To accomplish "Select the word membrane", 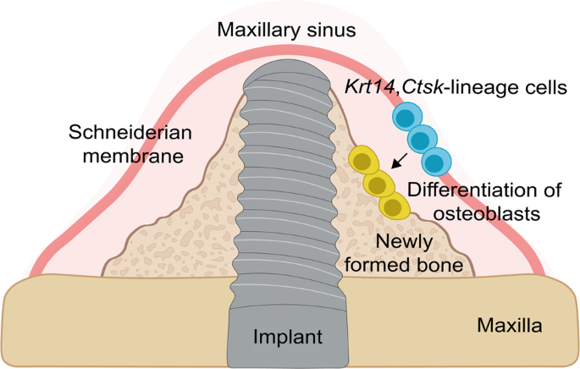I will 122,157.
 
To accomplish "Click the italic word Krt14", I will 369,86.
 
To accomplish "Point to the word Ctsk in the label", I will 418,86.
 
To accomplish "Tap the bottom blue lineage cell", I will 435,161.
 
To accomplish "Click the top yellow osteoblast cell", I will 363,160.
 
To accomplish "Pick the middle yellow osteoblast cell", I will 378,183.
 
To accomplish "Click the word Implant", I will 289,337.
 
